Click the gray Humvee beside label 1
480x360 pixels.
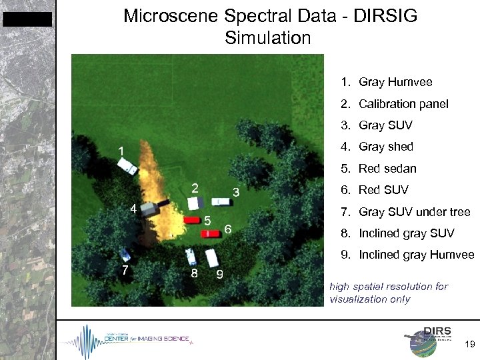127,167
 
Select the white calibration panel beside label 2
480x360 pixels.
194,203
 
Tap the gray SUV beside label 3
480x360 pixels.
221,201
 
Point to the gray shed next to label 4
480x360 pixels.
157,206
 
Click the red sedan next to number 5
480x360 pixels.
193,220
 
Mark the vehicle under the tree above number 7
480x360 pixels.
125,254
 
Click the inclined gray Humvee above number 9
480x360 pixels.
213,257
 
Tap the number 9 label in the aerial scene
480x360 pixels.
219,274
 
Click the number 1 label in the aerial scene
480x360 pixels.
121,151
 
